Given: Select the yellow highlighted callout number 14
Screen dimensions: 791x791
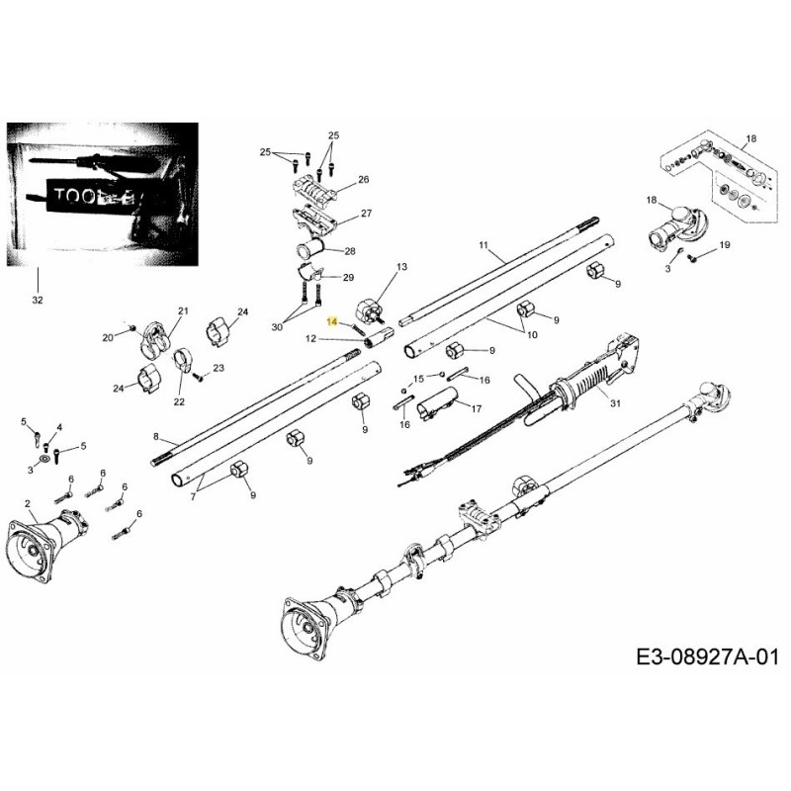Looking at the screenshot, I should pos(333,321).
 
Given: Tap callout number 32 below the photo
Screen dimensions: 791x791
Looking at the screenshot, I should pos(38,298).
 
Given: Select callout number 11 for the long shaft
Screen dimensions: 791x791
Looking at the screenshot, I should pos(483,244).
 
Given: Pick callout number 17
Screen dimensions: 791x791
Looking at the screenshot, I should pos(476,408).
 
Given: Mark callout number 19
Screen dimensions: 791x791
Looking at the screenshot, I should pos(724,245).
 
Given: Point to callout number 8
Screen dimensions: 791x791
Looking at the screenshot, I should pos(156,436).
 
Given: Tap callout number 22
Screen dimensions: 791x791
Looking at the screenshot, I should pos(179,401).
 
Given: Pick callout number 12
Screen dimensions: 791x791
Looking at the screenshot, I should pos(309,339).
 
